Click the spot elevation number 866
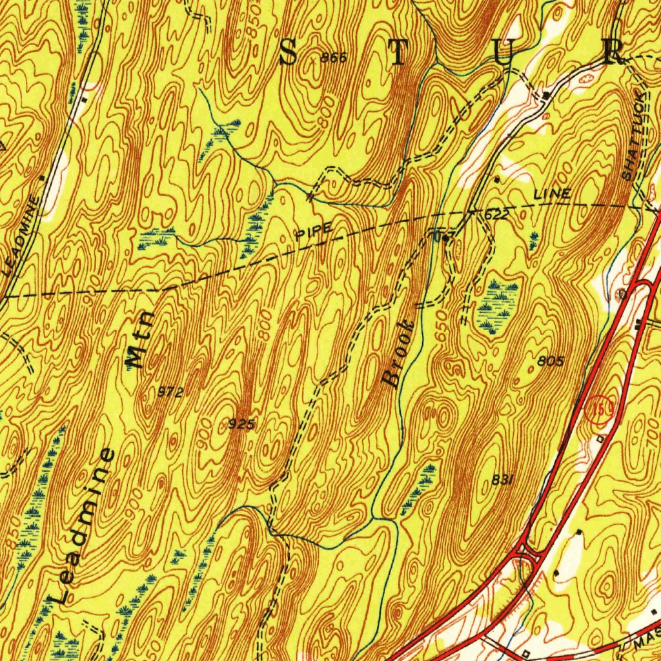(x=334, y=58)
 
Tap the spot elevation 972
(x=171, y=392)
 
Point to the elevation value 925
(x=243, y=424)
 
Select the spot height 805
(x=550, y=361)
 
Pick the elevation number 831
(x=502, y=479)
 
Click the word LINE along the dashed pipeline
(x=552, y=194)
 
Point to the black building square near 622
(x=446, y=238)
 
